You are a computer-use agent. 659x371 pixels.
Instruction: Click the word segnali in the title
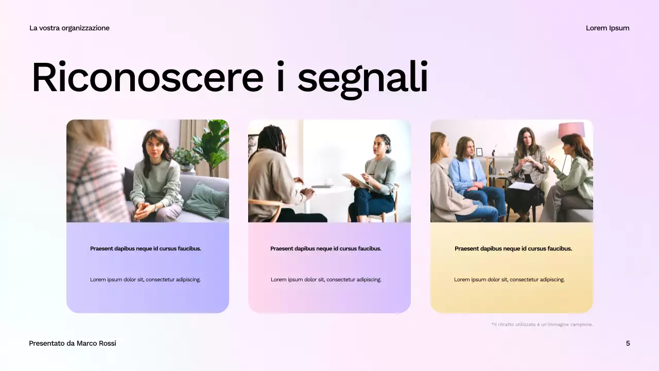[x=362, y=78]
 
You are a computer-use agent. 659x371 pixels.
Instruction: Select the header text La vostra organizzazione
[x=70, y=28]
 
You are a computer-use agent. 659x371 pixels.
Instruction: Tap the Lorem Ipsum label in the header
[x=608, y=28]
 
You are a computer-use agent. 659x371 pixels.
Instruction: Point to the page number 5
[x=628, y=343]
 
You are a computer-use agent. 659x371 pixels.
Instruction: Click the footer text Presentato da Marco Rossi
[x=73, y=343]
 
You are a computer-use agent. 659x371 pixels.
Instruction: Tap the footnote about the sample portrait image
[x=542, y=325]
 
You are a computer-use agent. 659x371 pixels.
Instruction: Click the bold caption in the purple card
[x=146, y=248]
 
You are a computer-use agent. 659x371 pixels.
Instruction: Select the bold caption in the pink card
[x=326, y=248]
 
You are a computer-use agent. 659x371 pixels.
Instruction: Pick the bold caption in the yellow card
[x=513, y=248]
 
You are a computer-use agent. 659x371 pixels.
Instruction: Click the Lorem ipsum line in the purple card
[x=145, y=279]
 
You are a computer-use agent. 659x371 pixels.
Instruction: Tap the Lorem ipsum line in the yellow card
[x=509, y=279]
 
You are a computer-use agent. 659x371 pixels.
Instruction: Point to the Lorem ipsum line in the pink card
[x=326, y=279]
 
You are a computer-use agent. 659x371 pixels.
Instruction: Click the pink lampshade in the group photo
[x=571, y=130]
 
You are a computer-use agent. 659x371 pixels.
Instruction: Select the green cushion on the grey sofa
[x=206, y=201]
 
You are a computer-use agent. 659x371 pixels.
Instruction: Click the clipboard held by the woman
[x=357, y=180]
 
